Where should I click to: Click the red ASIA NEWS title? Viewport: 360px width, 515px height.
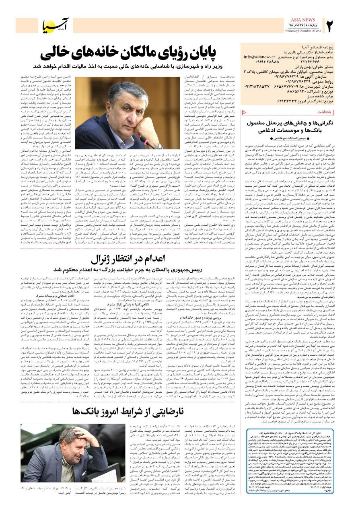pyautogui.click(x=301, y=20)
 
